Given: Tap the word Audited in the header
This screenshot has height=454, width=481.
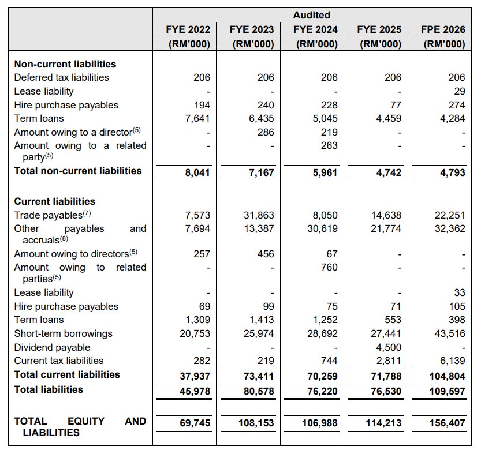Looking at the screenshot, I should (x=311, y=15).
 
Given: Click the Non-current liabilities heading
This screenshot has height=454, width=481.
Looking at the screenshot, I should (x=65, y=64).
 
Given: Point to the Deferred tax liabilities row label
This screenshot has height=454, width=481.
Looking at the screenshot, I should (x=61, y=77).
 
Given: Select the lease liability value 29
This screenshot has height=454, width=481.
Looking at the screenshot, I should (x=459, y=91).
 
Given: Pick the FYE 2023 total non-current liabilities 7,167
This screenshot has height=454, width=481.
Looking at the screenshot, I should (x=261, y=172).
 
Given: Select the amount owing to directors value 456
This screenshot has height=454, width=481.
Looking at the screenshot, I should (x=266, y=254).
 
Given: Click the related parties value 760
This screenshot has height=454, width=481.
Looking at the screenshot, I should (x=329, y=267).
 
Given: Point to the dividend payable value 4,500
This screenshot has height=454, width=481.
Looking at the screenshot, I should (x=389, y=347).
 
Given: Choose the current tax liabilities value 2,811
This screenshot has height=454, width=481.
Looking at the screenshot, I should (x=389, y=361).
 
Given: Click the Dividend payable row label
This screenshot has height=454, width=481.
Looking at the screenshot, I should (x=52, y=347).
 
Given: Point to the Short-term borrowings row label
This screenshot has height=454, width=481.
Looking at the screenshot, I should (x=63, y=333).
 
